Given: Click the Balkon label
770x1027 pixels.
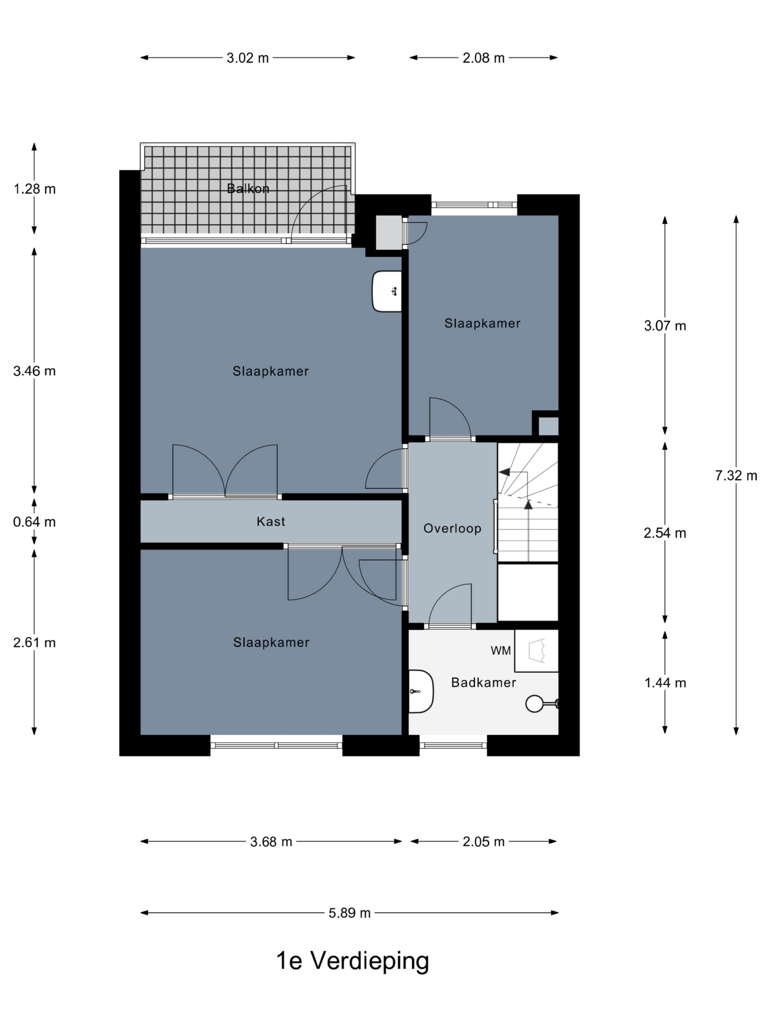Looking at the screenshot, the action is pyautogui.click(x=248, y=189).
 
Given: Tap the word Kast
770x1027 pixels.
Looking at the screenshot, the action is pyautogui.click(x=271, y=522).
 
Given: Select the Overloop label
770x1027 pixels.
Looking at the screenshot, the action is pyautogui.click(x=452, y=528).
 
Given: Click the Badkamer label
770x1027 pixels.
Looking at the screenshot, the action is pyautogui.click(x=484, y=682).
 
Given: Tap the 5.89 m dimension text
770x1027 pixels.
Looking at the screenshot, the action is pyautogui.click(x=349, y=913).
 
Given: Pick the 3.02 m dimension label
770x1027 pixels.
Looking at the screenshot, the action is pyautogui.click(x=247, y=58).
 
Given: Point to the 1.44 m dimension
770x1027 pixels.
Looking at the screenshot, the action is pyautogui.click(x=665, y=683).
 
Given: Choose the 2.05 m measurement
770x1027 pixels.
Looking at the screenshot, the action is pyautogui.click(x=483, y=842).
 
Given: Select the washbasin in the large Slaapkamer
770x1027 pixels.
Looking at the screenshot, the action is pyautogui.click(x=387, y=292).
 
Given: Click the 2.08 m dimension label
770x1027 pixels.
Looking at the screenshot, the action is pyautogui.click(x=483, y=58).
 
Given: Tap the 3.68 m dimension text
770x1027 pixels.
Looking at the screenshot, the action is pyautogui.click(x=271, y=842).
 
